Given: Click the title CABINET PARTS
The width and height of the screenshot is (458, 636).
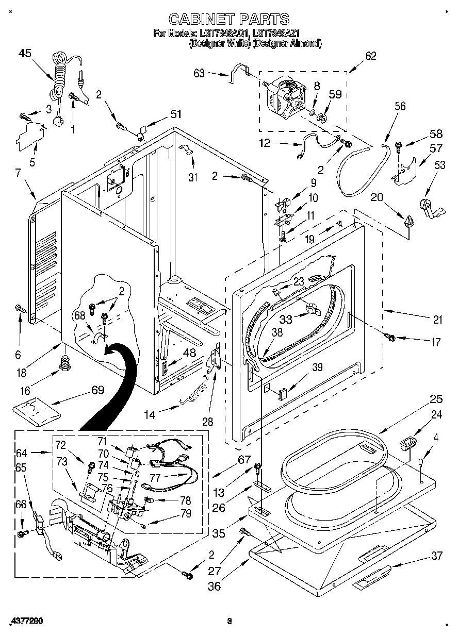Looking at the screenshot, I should [229, 19].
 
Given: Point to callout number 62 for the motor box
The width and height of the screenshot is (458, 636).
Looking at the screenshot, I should [370, 56].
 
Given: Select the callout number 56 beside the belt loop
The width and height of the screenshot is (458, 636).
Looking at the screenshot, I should [400, 107].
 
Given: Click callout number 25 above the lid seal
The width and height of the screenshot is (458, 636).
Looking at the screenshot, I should [437, 398].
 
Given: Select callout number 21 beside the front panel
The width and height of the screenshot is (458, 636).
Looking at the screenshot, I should [437, 320].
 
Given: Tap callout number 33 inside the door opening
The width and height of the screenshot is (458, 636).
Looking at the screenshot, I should [285, 319].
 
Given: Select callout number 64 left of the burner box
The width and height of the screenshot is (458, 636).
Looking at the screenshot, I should [21, 453].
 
